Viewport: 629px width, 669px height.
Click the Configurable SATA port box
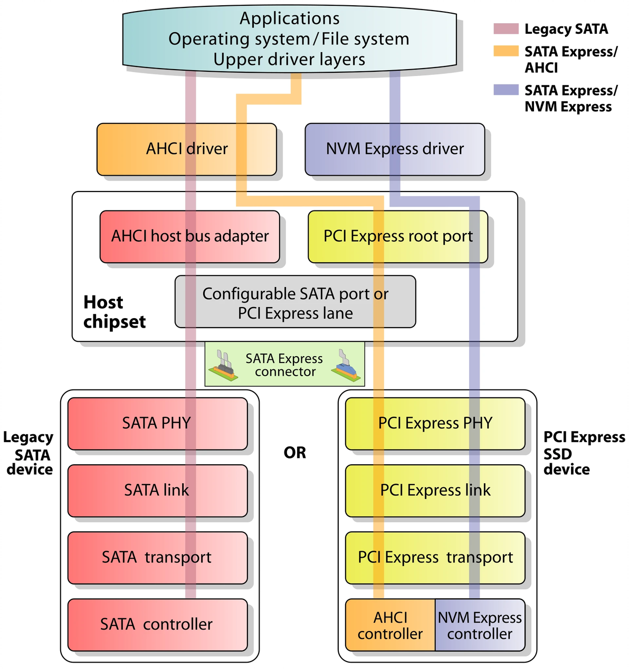(295, 302)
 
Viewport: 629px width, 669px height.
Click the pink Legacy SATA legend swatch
(506, 29)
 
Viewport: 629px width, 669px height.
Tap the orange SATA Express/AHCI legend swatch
(506, 51)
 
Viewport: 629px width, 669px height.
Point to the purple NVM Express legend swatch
(506, 90)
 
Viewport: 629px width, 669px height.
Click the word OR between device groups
(294, 453)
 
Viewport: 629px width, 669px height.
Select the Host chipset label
(114, 312)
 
